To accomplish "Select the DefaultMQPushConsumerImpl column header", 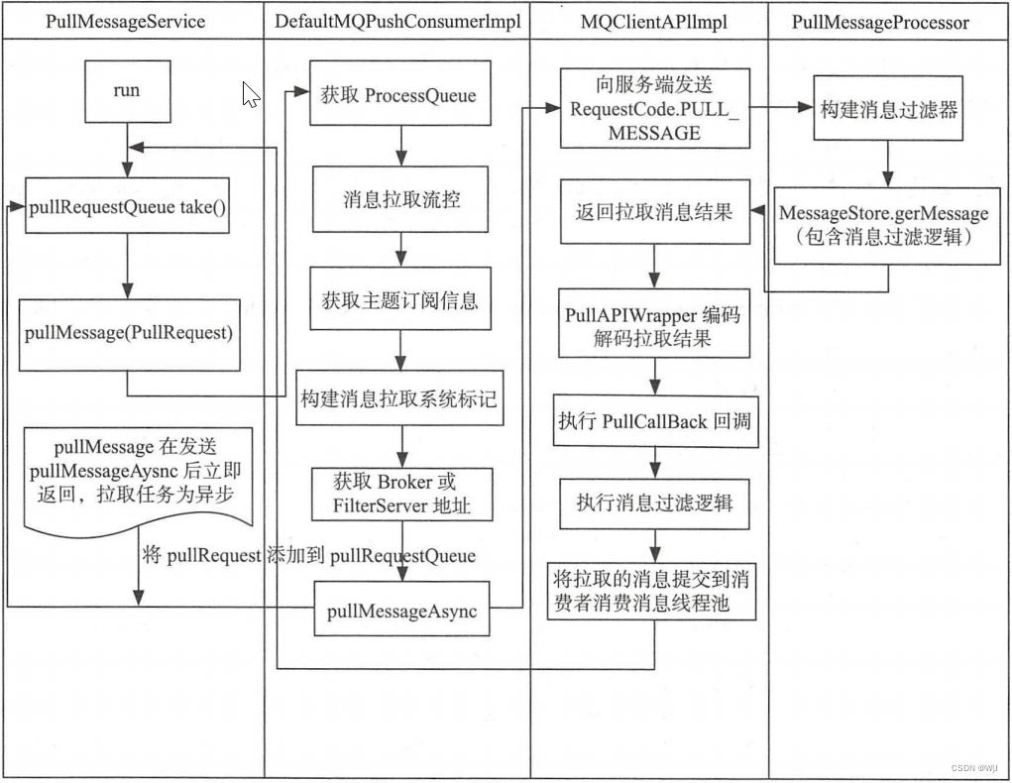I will (x=396, y=22).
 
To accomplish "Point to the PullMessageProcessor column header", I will (x=880, y=22).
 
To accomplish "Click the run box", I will (x=126, y=91).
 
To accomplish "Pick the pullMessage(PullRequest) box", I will (x=128, y=334).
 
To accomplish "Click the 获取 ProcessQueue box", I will (x=398, y=96).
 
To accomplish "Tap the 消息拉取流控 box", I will (x=400, y=199).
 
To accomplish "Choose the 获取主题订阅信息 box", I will (x=399, y=299).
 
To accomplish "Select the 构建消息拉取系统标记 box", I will (x=398, y=399).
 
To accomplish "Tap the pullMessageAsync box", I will (x=401, y=612).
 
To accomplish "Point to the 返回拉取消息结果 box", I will (x=653, y=211).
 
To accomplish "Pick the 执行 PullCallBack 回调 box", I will (x=653, y=421).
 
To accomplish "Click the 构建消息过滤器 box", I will (x=888, y=110).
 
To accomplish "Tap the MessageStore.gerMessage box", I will (x=883, y=225).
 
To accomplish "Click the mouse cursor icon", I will (x=251, y=94).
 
